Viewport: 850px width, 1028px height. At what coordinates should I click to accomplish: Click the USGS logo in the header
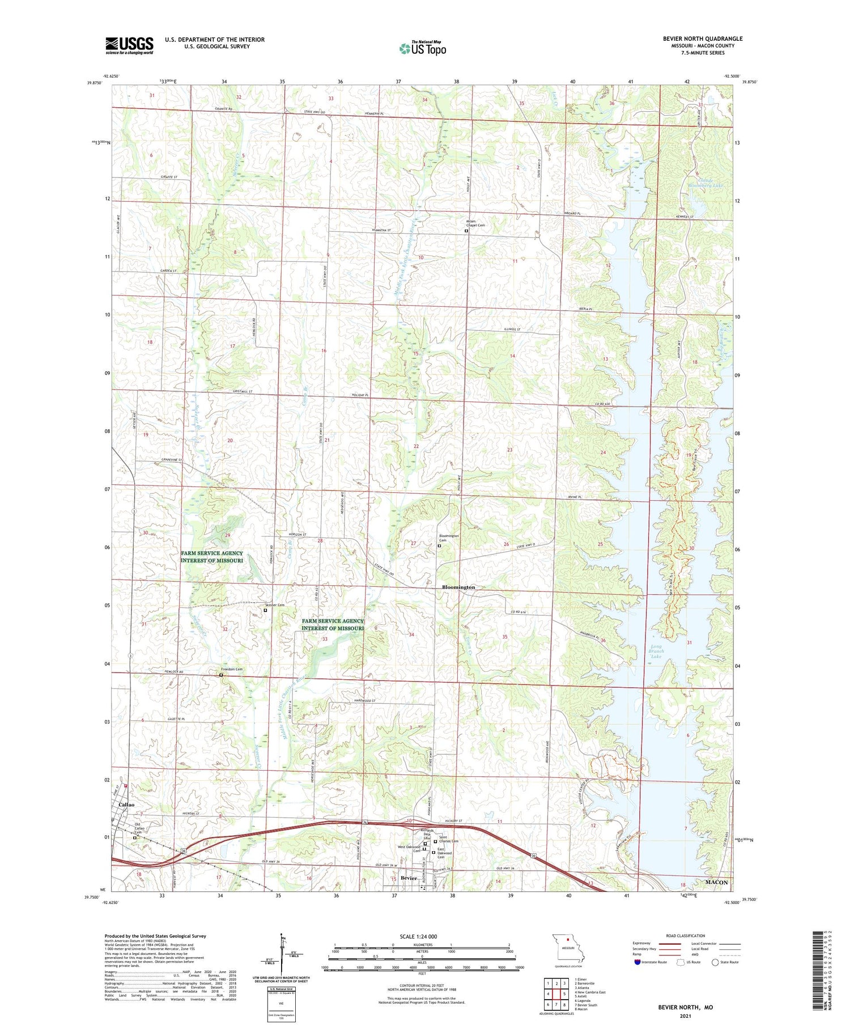129,45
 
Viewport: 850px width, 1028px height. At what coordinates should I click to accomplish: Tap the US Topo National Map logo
422,49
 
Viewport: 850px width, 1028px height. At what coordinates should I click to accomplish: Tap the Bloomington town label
458,587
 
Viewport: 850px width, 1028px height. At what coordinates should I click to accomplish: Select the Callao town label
126,805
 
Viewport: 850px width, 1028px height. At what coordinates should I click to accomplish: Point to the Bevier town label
408,878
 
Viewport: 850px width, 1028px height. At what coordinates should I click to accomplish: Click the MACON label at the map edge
716,883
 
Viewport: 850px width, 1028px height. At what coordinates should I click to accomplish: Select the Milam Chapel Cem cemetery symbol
466,231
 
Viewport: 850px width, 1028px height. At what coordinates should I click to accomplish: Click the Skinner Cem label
274,605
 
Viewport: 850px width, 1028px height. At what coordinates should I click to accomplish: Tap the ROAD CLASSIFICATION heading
686,936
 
